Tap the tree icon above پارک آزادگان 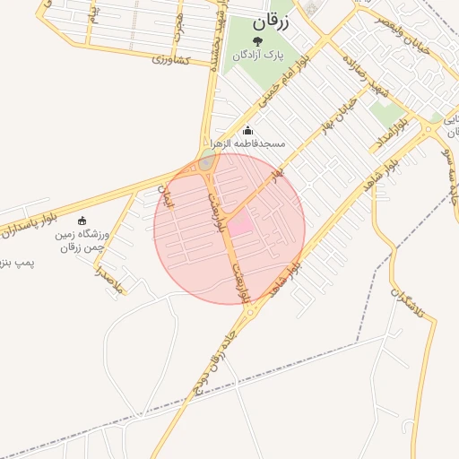pos(258,41)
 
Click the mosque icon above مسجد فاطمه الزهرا pos(247,130)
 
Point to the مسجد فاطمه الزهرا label pos(247,143)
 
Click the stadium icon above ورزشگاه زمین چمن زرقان pos(83,221)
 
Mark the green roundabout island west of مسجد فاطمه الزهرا pos(207,161)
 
